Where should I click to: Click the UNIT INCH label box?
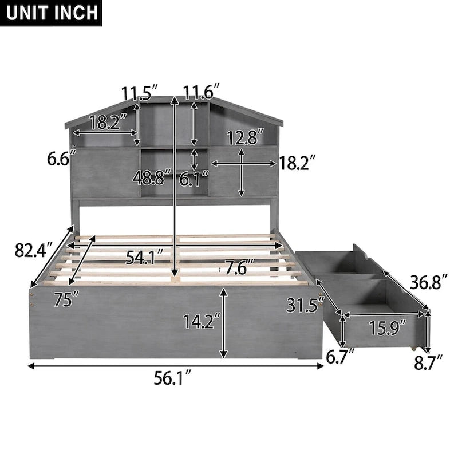pos(51,13)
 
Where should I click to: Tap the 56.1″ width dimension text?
pos(173,378)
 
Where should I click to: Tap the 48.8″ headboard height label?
pos(152,177)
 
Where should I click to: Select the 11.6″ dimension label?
pos(202,92)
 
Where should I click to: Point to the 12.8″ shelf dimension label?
pos(244,137)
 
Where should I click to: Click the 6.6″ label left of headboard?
pos(58,157)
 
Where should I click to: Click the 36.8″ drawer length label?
pos(427,282)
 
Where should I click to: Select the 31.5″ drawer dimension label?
pos(302,306)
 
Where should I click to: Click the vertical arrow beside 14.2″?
pos(224,323)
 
